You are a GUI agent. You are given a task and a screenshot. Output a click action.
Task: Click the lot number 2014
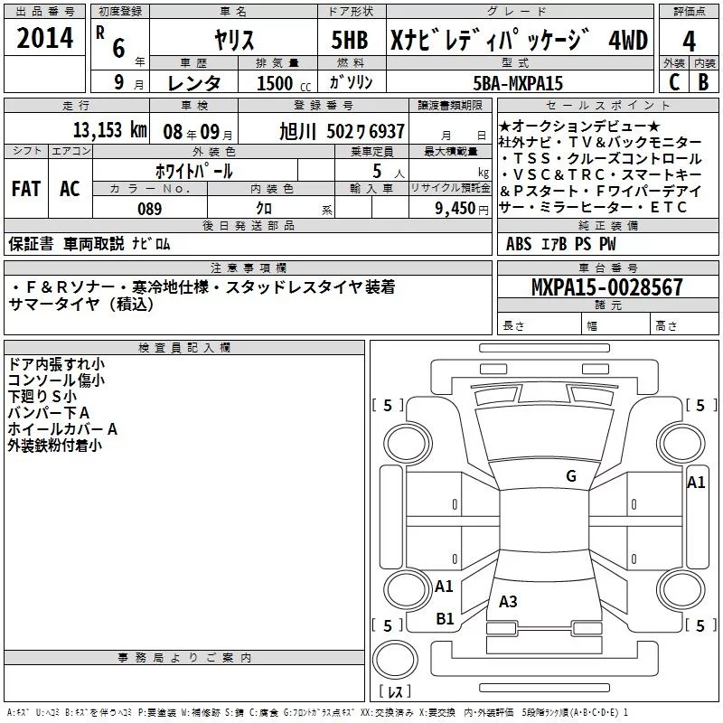(x=45, y=37)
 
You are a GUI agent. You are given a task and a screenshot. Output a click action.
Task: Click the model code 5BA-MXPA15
(x=518, y=82)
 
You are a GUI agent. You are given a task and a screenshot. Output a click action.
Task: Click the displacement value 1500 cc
(x=276, y=82)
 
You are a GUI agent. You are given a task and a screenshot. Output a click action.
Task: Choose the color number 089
(x=149, y=209)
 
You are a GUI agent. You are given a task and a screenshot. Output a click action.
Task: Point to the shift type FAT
(x=25, y=189)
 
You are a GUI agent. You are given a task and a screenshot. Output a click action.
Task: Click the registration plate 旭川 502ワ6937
(x=343, y=131)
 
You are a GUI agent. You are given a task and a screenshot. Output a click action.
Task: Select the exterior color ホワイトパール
(x=194, y=170)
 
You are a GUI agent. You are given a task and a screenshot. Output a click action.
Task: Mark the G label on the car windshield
(x=570, y=476)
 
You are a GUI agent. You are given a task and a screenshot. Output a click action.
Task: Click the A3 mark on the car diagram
(x=508, y=602)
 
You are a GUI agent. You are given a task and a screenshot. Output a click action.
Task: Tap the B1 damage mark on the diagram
(x=445, y=618)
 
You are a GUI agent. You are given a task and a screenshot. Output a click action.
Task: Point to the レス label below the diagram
(x=394, y=693)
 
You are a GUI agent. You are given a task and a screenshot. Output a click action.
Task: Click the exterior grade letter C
(x=673, y=82)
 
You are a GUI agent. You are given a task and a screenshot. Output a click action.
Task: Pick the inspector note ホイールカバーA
(x=62, y=428)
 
